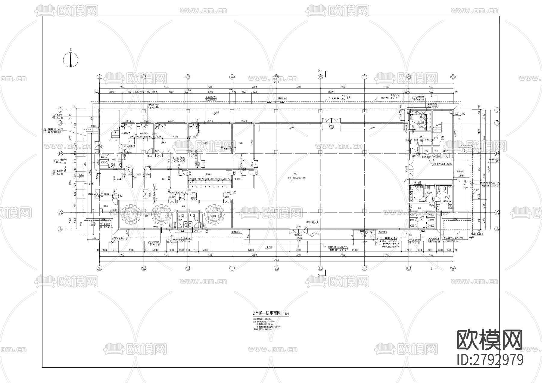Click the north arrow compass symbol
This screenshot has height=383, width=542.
(71, 59)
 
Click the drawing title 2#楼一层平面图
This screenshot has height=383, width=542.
(266, 313)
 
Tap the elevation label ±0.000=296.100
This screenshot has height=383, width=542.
(296, 178)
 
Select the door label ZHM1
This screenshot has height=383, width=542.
(299, 227)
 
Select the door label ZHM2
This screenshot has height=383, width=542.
(331, 125)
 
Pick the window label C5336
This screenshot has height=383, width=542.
(210, 121)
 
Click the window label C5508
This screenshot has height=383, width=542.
(455, 133)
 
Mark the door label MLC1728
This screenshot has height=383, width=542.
(416, 156)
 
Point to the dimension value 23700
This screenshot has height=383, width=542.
(331, 91)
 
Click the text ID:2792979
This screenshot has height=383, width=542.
(490, 360)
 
